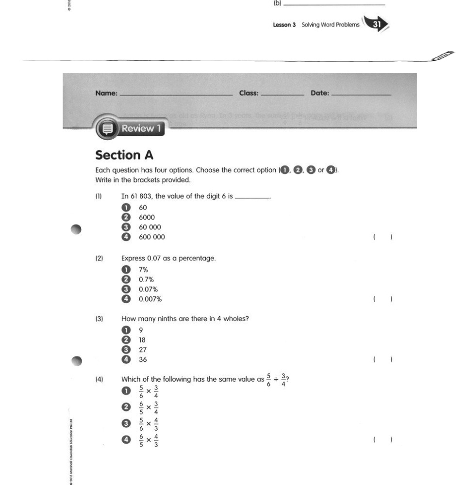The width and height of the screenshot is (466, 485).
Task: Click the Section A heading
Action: (124, 155)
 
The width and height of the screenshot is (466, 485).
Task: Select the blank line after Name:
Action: (176, 95)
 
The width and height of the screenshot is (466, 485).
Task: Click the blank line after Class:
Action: (282, 95)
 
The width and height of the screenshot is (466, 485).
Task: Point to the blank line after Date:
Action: (361, 95)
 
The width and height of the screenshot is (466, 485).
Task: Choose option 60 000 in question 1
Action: (150, 227)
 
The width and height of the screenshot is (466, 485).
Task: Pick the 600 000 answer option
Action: (151, 237)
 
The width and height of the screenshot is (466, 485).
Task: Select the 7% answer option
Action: (143, 270)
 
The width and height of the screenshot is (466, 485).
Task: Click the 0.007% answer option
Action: (150, 299)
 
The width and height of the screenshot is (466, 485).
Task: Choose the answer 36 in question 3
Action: (143, 359)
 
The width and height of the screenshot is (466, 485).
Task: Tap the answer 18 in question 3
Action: (142, 340)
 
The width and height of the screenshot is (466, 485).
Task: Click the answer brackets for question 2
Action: (383, 299)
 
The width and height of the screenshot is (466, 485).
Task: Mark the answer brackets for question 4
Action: (383, 440)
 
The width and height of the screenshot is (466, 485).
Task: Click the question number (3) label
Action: (99, 319)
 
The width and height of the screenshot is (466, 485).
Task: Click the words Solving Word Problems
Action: (331, 25)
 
